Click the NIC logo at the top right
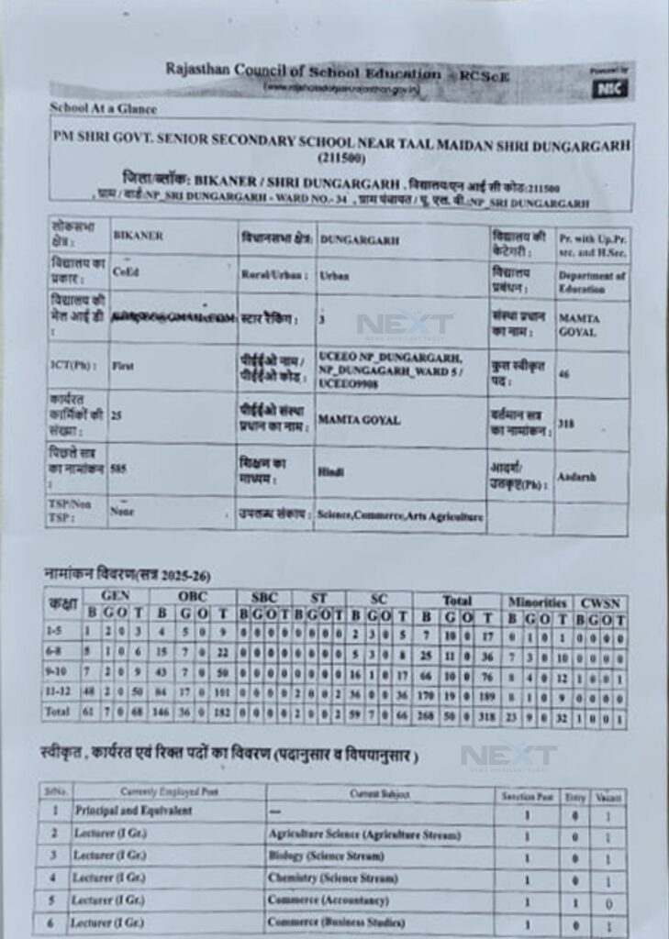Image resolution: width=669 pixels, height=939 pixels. click(x=610, y=88)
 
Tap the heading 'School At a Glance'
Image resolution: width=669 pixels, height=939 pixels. click(x=104, y=109)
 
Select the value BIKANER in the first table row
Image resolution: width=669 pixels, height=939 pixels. click(x=138, y=236)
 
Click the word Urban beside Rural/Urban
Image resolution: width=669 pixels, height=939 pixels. click(x=333, y=274)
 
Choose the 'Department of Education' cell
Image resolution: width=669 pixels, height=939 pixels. click(x=592, y=282)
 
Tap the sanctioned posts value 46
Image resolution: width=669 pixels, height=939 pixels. click(x=564, y=374)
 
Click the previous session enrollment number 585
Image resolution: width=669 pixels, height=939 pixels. click(x=118, y=467)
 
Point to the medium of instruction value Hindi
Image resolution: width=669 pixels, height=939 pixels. click(x=330, y=470)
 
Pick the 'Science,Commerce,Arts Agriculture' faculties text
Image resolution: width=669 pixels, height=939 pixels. click(x=399, y=516)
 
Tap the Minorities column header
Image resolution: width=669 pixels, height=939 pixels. click(x=538, y=602)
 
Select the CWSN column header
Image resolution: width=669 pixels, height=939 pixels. click(x=601, y=602)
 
